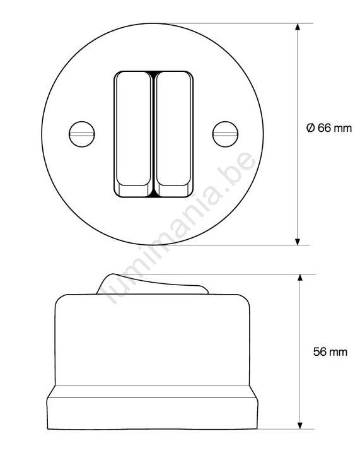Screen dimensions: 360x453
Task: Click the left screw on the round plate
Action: [82, 134]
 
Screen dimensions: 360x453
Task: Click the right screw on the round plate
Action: [226, 134]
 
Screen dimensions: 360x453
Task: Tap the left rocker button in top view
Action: [134, 134]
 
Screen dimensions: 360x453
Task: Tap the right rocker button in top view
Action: [173, 134]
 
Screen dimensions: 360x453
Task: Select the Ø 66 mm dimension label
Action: [329, 128]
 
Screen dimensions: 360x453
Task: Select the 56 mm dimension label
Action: [330, 352]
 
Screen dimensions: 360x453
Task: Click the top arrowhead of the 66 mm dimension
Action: [298, 26]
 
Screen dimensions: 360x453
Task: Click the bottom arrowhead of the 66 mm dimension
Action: [298, 242]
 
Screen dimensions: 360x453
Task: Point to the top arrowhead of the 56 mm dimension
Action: [300, 278]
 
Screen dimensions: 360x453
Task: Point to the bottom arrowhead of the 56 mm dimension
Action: [300, 425]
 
